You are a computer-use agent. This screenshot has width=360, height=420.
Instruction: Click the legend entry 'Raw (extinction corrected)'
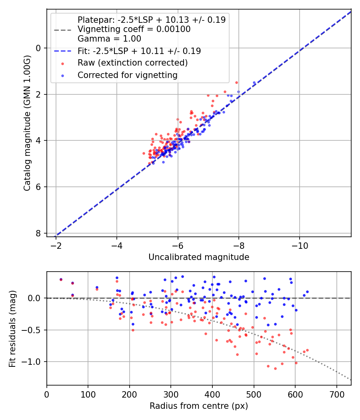(132, 63)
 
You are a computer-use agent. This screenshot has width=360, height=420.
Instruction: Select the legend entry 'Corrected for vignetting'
(127, 75)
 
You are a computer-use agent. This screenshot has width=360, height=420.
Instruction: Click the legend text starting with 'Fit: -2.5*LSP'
(139, 51)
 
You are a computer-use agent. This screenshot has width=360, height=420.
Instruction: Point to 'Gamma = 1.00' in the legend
(109, 39)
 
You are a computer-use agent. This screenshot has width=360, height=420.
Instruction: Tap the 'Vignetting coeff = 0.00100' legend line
(134, 29)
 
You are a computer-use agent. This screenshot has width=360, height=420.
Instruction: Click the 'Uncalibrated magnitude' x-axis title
(199, 257)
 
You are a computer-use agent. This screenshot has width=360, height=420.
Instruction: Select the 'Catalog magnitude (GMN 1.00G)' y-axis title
(27, 140)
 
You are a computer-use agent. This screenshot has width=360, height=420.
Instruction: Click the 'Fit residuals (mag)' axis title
(12, 328)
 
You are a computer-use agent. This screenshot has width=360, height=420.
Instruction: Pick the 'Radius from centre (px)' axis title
(199, 406)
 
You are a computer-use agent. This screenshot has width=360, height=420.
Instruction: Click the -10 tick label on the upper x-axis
(300, 245)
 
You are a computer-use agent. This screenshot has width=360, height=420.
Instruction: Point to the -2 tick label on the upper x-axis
(56, 245)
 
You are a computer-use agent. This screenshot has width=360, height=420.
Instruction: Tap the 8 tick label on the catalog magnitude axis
(39, 233)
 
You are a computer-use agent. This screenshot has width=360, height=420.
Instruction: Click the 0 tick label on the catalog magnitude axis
(39, 48)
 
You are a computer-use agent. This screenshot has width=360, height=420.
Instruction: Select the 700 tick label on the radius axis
(336, 394)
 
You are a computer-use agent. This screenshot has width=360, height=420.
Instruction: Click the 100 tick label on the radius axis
(88, 394)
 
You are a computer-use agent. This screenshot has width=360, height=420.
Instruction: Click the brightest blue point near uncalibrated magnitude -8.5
(254, 83)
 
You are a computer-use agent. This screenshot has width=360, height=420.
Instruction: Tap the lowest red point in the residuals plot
(275, 368)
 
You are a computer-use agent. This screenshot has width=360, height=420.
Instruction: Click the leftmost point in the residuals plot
(61, 280)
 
